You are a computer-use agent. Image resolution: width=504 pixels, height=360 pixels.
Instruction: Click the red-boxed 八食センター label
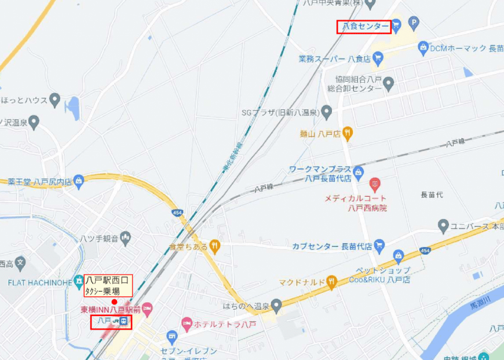pos(364,26)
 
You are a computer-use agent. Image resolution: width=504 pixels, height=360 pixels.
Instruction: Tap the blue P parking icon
pos(413,24)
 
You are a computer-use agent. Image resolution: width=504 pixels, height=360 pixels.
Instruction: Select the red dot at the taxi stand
pos(114,302)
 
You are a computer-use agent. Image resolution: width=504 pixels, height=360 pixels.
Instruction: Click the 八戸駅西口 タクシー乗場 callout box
pos(108,286)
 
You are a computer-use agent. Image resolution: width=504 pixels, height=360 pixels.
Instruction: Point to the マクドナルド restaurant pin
pos(331,282)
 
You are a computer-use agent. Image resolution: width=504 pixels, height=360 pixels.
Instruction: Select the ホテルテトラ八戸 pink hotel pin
pos(187,323)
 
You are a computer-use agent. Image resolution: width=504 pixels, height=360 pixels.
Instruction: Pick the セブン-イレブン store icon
pos(171,336)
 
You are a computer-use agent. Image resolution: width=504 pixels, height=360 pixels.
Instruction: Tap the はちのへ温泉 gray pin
pos(276,304)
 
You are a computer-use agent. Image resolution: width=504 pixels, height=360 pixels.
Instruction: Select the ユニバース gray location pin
pos(443,225)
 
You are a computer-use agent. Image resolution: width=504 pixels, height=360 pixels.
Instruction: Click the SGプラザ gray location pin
pos(327,111)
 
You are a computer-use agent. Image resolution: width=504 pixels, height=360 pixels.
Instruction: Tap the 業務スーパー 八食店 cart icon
pos(378,57)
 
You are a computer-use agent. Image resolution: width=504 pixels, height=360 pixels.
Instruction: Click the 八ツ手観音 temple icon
pos(127,237)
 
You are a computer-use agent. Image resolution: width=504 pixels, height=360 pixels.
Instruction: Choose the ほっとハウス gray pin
pos(55,100)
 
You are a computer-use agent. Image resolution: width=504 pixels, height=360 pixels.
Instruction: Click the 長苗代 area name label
pos(432,195)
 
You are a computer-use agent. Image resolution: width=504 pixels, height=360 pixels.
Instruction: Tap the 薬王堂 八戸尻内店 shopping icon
pos(79,182)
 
